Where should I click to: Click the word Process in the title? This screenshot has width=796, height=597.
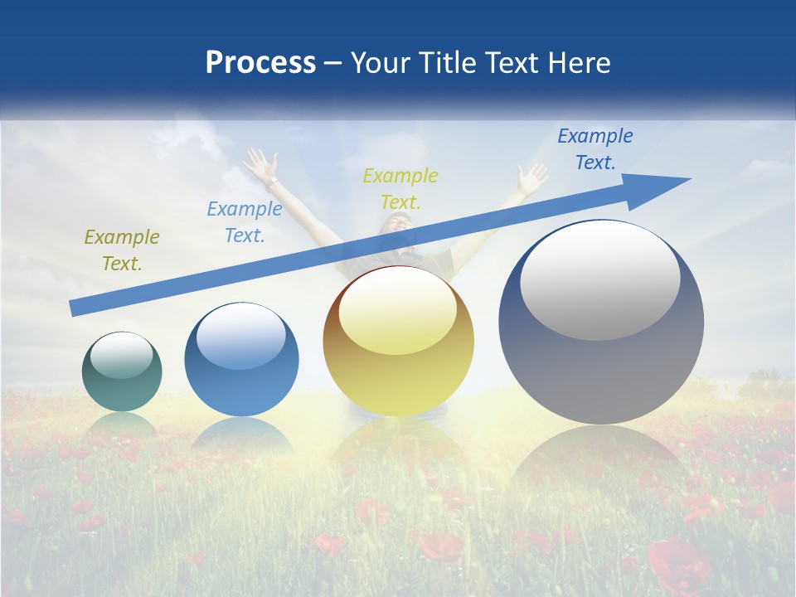pyautogui.click(x=260, y=63)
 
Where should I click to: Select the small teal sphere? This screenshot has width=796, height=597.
pyautogui.click(x=122, y=371)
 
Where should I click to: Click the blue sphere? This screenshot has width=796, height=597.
pyautogui.click(x=241, y=360)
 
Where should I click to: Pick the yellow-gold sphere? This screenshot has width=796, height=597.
pyautogui.click(x=398, y=342)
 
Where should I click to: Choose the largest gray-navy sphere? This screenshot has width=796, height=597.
pyautogui.click(x=601, y=322)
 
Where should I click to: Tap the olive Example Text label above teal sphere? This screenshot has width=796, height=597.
pyautogui.click(x=122, y=250)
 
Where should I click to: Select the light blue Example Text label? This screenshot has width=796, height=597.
pyautogui.click(x=244, y=222)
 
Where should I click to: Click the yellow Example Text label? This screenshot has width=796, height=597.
pyautogui.click(x=400, y=189)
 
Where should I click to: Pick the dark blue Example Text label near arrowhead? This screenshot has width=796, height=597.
pyautogui.click(x=595, y=149)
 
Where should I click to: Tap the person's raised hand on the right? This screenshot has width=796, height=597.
pyautogui.click(x=531, y=177)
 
